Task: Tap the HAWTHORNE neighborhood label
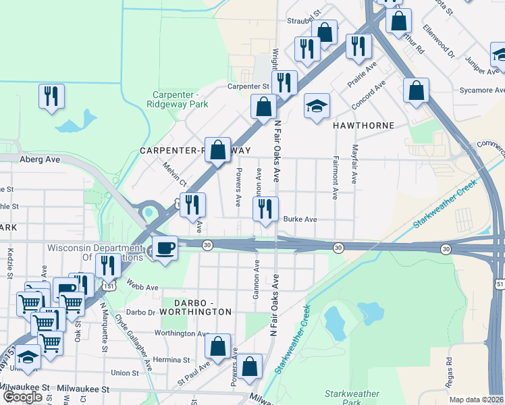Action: point(362,126)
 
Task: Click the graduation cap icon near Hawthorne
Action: point(317,106)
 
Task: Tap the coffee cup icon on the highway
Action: point(165,248)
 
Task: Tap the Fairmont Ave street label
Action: point(335,178)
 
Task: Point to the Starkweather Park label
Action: point(352,398)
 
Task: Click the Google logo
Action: point(22,397)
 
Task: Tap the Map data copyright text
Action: point(476,400)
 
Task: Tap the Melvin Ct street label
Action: point(174,173)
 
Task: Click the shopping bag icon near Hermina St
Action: point(217,346)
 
